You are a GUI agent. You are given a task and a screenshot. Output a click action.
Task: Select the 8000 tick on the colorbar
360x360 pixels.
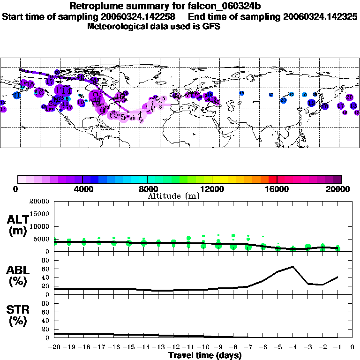pyautogui.click(x=147, y=189)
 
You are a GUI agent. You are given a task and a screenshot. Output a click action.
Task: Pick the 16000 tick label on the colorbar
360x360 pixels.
pyautogui.click(x=277, y=189)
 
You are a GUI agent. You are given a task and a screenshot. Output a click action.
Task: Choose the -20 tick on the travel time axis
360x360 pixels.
pyautogui.click(x=54, y=347)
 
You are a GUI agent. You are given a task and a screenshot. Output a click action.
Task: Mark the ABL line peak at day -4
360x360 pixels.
pyautogui.click(x=293, y=267)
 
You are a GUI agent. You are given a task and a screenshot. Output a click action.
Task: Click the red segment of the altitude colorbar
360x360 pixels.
pyautogui.click(x=272, y=179)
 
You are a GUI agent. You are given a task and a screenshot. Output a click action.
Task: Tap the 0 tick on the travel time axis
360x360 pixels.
pyautogui.click(x=352, y=347)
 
